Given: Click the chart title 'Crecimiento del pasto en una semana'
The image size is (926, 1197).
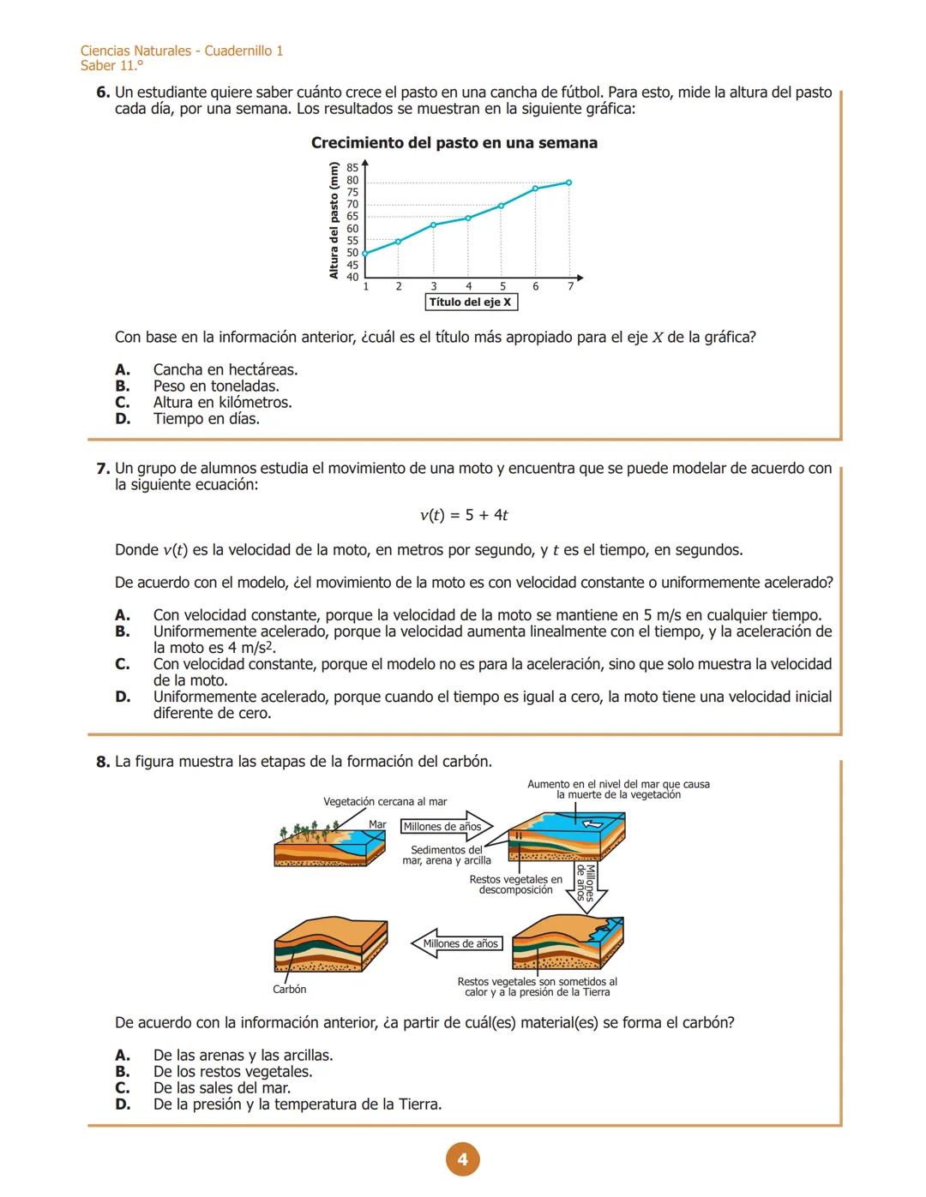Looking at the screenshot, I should (x=454, y=143).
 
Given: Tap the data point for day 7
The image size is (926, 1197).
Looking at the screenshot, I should (x=568, y=183).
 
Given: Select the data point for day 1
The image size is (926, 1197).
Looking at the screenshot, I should (x=365, y=254).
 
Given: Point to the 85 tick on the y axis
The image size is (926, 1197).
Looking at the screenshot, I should (x=352, y=168).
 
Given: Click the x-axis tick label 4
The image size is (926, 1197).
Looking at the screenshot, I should (x=468, y=286).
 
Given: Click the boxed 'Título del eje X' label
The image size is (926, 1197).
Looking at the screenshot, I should (x=471, y=302).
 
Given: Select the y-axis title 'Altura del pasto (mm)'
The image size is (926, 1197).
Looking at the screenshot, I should (x=334, y=220).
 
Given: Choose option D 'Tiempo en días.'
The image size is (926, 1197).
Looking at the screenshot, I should (x=206, y=419).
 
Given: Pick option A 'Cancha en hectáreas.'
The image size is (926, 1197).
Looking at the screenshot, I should (x=225, y=370).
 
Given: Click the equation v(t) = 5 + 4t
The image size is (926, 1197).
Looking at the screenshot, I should (x=464, y=515).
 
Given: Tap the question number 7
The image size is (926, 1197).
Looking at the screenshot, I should (x=103, y=469).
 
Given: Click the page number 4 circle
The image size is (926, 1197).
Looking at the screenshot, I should (x=462, y=1159).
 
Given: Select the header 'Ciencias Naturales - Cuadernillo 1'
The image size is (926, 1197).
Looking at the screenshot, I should (x=182, y=51).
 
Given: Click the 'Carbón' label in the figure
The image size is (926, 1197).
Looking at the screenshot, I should (x=289, y=989).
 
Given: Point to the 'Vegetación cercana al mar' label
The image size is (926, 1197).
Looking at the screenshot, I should (x=385, y=802).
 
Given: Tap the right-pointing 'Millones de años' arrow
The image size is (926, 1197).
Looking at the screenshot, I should (x=447, y=827).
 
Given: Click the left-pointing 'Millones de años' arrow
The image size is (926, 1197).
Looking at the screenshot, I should (x=458, y=943).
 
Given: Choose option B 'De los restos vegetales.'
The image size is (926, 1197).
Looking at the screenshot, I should (x=232, y=1072).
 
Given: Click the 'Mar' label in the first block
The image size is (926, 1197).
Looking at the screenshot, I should (x=377, y=824).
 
